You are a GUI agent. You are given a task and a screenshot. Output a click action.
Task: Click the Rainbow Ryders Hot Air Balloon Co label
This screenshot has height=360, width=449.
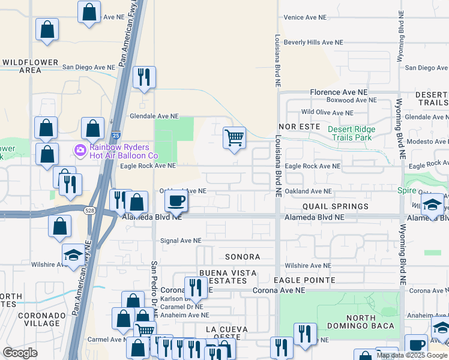[124, 151]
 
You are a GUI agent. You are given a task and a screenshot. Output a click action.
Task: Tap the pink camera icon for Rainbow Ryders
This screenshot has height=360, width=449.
[79, 149]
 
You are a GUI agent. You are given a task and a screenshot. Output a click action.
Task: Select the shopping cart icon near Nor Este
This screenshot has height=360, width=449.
[234, 137]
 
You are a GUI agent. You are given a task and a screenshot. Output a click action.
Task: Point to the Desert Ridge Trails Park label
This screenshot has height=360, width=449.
[351, 133]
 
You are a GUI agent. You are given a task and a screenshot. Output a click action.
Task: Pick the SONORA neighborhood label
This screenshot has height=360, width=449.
[243, 257]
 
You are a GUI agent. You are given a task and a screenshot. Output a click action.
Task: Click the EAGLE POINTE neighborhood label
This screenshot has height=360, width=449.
[304, 280]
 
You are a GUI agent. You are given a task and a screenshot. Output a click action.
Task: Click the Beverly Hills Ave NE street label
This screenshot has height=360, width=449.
[313, 43]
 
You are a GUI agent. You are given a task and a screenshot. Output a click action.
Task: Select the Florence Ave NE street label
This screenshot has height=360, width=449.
[338, 92]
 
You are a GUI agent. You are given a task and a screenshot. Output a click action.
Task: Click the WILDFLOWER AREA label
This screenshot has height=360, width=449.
[30, 66]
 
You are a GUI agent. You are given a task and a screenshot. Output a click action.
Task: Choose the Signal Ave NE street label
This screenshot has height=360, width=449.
[180, 241]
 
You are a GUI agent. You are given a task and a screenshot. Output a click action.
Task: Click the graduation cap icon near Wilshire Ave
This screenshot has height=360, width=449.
[73, 254]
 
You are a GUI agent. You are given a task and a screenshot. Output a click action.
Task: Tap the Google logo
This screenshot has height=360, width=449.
[20, 352]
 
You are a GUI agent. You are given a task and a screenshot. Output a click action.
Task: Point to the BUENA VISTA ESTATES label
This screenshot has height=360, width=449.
[228, 277]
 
